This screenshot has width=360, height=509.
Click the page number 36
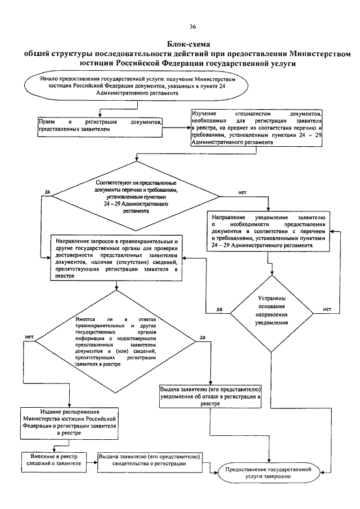(x=192, y=26)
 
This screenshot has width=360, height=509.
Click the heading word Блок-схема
(x=188, y=44)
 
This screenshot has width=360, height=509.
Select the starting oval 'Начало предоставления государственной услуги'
(x=137, y=86)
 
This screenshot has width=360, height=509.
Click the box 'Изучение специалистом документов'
(x=256, y=128)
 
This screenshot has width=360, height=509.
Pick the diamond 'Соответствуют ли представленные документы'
(x=136, y=196)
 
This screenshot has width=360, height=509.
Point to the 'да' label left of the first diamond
(x=47, y=192)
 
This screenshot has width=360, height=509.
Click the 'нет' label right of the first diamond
(x=242, y=192)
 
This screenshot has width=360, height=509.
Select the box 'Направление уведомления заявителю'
(x=268, y=231)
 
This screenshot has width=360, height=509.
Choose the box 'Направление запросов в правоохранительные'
(x=116, y=258)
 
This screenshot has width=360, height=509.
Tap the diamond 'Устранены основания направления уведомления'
(x=272, y=314)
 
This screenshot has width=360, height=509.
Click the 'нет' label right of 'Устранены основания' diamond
(x=327, y=309)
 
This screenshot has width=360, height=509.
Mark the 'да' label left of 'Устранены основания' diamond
(x=219, y=309)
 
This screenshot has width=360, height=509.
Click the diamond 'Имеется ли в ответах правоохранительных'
(x=115, y=341)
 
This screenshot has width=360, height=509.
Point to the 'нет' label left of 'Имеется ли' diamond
(x=29, y=337)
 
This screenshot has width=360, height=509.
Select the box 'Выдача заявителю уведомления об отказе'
(x=210, y=397)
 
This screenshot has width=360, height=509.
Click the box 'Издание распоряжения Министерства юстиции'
(x=69, y=422)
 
